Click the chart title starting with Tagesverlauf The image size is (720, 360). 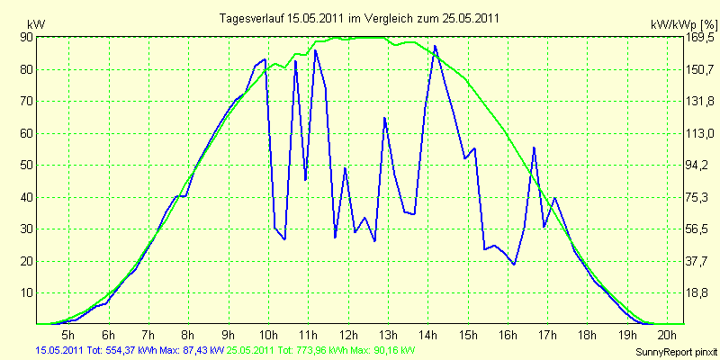pyautogui.click(x=359, y=19)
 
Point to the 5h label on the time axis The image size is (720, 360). pyautogui.click(x=68, y=334)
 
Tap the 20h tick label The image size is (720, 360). pyautogui.click(x=668, y=334)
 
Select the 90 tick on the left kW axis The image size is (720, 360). pyautogui.click(x=26, y=38)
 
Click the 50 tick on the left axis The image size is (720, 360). pyautogui.click(x=26, y=165)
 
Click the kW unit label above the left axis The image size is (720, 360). pyautogui.click(x=36, y=24)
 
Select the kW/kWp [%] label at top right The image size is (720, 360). pyautogui.click(x=684, y=24)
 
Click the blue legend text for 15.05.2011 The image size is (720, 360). pyautogui.click(x=130, y=351)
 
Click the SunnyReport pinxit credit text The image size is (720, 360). pyautogui.click(x=676, y=352)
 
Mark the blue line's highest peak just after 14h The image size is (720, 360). pyautogui.click(x=435, y=46)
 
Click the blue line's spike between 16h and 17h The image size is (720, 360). pyautogui.click(x=534, y=148)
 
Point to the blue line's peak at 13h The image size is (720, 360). pyautogui.click(x=384, y=118)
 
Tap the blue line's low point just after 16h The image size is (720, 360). pyautogui.click(x=514, y=264)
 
